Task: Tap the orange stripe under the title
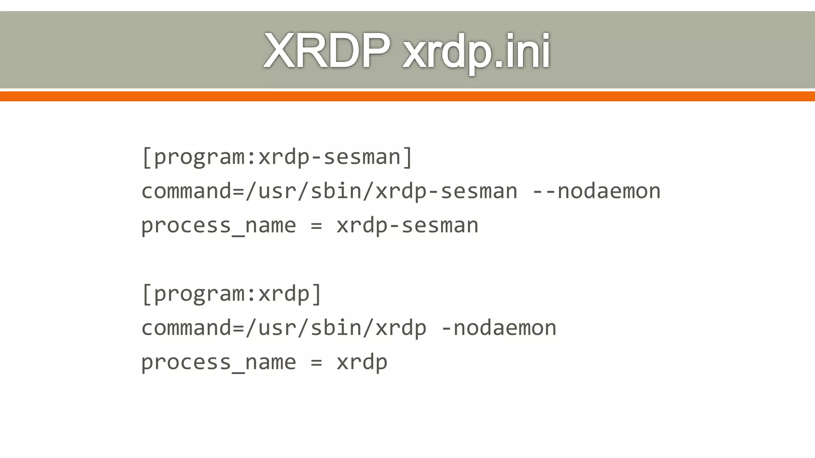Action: [407, 96]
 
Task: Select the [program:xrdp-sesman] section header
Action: [277, 157]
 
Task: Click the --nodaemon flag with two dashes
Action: [597, 191]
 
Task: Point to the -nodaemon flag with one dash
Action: [499, 328]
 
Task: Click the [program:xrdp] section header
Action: [232, 293]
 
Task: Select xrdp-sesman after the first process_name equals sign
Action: [407, 225]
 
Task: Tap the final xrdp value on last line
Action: [362, 362]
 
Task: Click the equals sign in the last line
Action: [316, 362]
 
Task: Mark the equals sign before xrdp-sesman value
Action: [316, 225]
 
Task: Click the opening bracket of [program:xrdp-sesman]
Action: [146, 157]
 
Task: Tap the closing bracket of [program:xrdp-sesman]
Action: [408, 157]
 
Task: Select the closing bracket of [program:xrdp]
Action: [317, 293]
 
